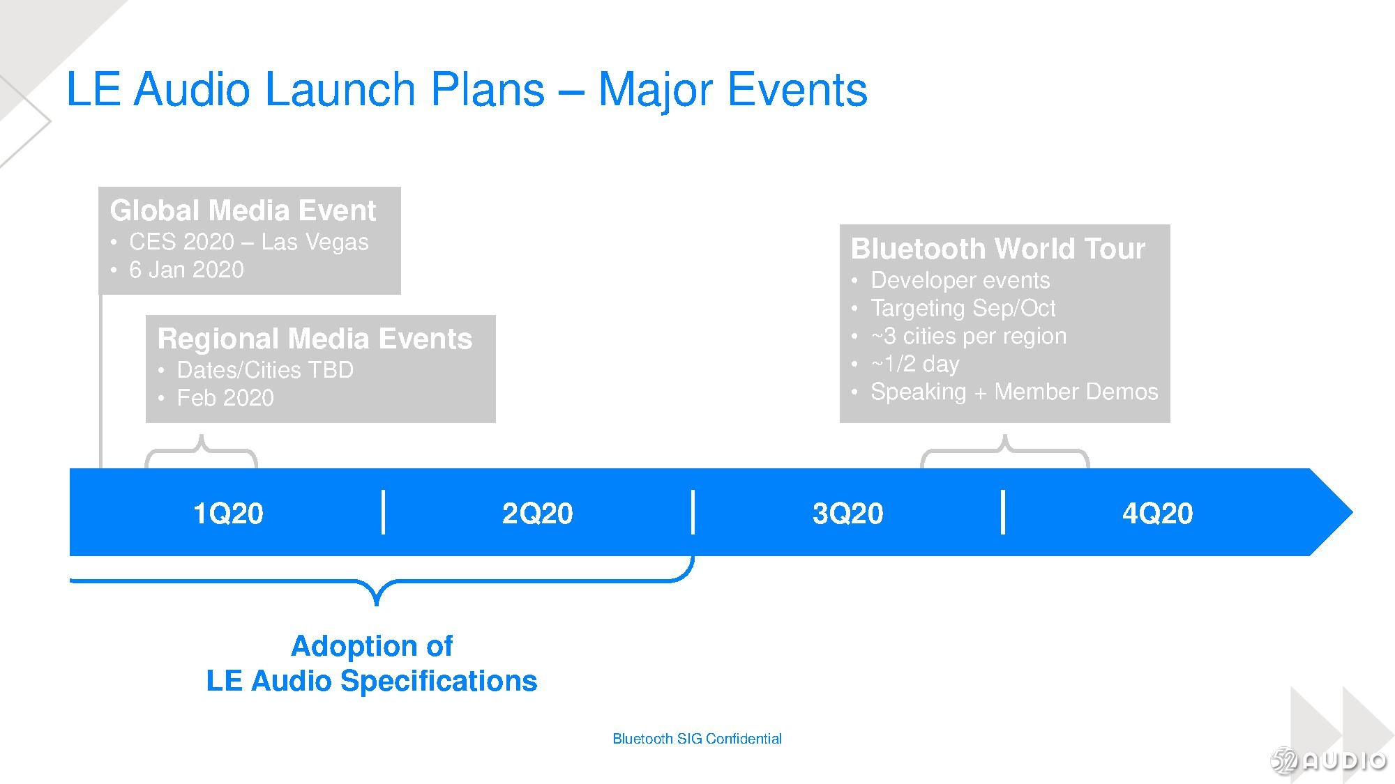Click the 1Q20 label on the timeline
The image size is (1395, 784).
(228, 514)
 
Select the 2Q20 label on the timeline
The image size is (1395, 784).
(537, 514)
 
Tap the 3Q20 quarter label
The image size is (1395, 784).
(847, 514)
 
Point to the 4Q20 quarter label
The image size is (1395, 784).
(1157, 514)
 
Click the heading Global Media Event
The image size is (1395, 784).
(243, 210)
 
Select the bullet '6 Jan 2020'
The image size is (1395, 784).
(186, 270)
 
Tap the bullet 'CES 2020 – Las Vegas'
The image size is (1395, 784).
(248, 242)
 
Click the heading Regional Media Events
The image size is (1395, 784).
(315, 339)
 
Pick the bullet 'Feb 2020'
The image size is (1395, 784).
(225, 398)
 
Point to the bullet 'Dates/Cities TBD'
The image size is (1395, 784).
(265, 370)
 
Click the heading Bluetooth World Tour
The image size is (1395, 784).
(997, 249)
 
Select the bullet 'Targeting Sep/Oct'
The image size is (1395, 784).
(963, 308)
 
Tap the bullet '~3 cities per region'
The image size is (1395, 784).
(969, 336)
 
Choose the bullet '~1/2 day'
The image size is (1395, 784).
(915, 364)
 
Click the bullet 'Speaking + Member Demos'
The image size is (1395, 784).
(1014, 392)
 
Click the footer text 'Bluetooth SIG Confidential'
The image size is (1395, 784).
(697, 739)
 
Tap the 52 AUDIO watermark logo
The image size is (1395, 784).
(1329, 760)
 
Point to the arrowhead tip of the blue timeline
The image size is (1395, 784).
(1353, 512)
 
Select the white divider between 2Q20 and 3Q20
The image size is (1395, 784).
(693, 512)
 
